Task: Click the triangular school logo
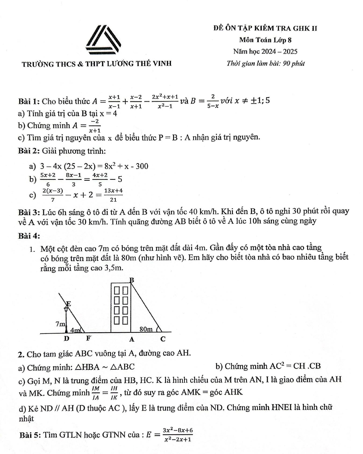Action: (x=104, y=39)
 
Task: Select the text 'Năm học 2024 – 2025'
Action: (x=265, y=51)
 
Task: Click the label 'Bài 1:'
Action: (x=29, y=101)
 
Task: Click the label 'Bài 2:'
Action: (x=29, y=151)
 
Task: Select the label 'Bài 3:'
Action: (x=29, y=212)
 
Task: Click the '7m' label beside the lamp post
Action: (x=60, y=323)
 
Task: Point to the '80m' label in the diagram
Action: (x=146, y=329)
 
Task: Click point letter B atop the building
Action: (x=132, y=280)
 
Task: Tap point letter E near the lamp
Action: (x=68, y=303)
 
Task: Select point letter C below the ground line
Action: (x=163, y=339)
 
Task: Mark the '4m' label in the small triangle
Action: (x=75, y=330)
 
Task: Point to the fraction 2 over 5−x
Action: (x=213, y=101)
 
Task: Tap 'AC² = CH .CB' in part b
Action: (x=295, y=366)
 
